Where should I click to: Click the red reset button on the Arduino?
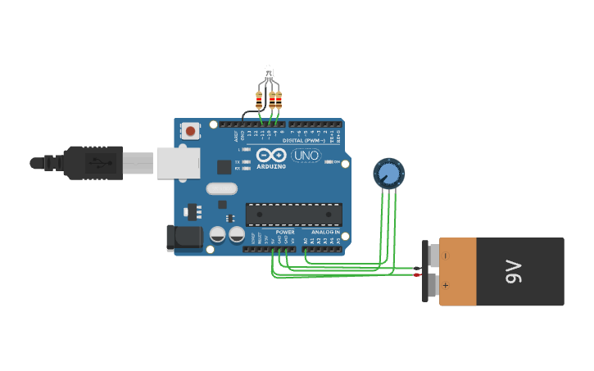pyautogui.click(x=191, y=130)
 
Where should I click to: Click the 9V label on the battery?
pyautogui.click(x=513, y=271)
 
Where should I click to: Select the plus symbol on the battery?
pyautogui.click(x=446, y=286)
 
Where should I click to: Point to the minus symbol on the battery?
pyautogui.click(x=446, y=256)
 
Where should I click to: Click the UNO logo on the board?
pyautogui.click(x=306, y=156)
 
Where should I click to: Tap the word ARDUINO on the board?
pyautogui.click(x=271, y=166)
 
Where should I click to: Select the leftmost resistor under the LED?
pyautogui.click(x=259, y=101)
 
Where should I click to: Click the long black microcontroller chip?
pyautogui.click(x=293, y=215)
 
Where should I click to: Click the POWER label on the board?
pyautogui.click(x=285, y=232)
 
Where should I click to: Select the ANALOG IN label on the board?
pyautogui.click(x=325, y=232)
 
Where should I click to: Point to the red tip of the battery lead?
pyautogui.click(x=419, y=274)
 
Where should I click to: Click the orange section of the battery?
pyautogui.click(x=458, y=271)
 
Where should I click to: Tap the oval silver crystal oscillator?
pyautogui.click(x=221, y=189)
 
